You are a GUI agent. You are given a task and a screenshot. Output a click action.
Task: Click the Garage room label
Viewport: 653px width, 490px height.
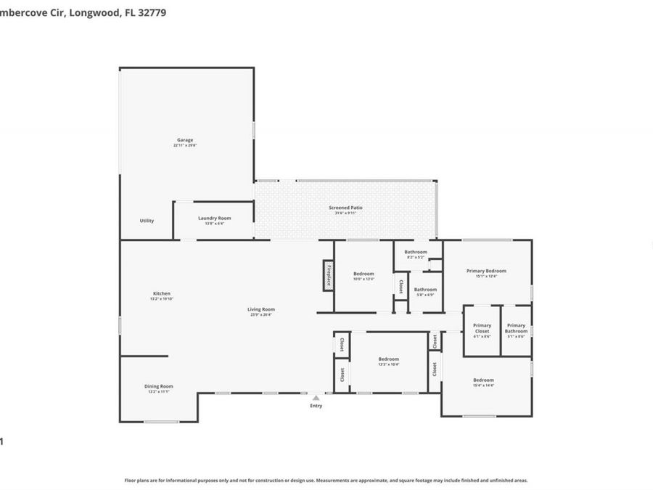pyautogui.click(x=185, y=140)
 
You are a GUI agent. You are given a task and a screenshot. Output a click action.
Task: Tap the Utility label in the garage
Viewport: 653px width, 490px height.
pyautogui.click(x=147, y=221)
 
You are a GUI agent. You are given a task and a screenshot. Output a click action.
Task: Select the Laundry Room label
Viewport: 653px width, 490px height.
pyautogui.click(x=214, y=218)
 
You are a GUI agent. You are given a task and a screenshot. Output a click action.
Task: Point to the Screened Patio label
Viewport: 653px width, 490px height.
pyautogui.click(x=345, y=208)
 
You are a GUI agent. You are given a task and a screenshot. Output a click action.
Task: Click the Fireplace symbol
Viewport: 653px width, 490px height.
pyautogui.click(x=328, y=276)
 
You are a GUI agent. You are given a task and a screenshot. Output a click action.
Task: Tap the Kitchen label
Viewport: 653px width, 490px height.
pyautogui.click(x=161, y=293)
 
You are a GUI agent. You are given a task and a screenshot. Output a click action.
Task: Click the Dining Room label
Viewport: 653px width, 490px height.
pyautogui.click(x=158, y=386)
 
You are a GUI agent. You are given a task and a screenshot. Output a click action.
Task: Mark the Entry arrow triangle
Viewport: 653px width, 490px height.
pyautogui.click(x=316, y=398)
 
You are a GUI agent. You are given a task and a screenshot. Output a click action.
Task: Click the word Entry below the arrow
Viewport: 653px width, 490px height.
pyautogui.click(x=316, y=406)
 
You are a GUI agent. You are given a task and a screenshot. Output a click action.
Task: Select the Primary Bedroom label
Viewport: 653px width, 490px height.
pyautogui.click(x=486, y=271)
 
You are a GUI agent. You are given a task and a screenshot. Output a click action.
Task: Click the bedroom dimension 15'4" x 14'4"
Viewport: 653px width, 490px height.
pyautogui.click(x=483, y=385)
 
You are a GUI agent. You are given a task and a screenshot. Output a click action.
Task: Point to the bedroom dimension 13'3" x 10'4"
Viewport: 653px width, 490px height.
pyautogui.click(x=388, y=364)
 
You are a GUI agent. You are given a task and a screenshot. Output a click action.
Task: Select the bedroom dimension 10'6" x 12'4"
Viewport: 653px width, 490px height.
pyautogui.click(x=364, y=279)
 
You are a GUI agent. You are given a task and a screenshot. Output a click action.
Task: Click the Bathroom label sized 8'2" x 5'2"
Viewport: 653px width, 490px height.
pyautogui.click(x=416, y=257)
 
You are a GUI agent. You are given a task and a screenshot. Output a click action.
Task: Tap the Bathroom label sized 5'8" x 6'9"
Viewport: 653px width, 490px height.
pyautogui.click(x=425, y=295)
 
